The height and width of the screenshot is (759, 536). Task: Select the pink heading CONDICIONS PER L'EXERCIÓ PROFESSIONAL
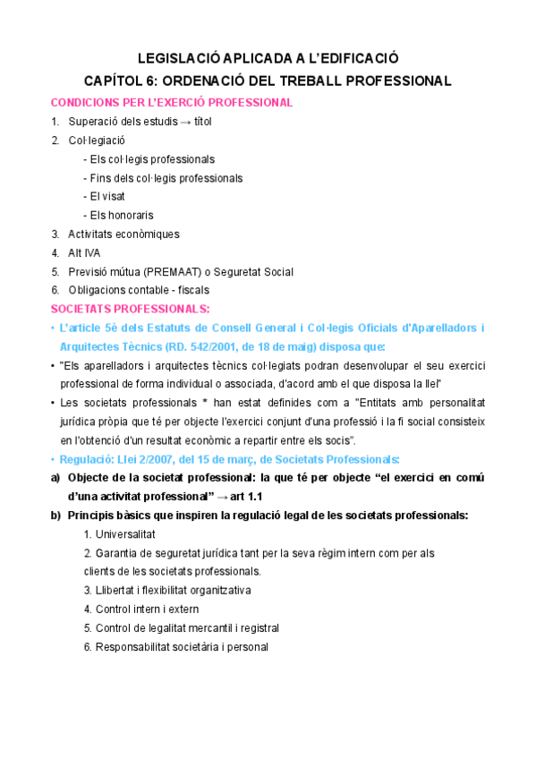(x=172, y=102)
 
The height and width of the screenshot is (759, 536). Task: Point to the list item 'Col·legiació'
(x=97, y=141)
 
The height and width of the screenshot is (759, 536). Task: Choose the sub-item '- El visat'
(x=104, y=196)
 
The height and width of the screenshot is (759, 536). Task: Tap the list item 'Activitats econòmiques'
(x=123, y=234)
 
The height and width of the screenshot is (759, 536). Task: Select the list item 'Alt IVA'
(x=84, y=252)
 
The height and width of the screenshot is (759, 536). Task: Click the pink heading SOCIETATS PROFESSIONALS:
(x=132, y=309)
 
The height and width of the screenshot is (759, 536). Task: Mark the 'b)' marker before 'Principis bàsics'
(x=57, y=516)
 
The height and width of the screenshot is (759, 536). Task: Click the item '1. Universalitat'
(x=120, y=534)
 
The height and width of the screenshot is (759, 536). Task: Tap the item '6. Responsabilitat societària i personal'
(x=175, y=647)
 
